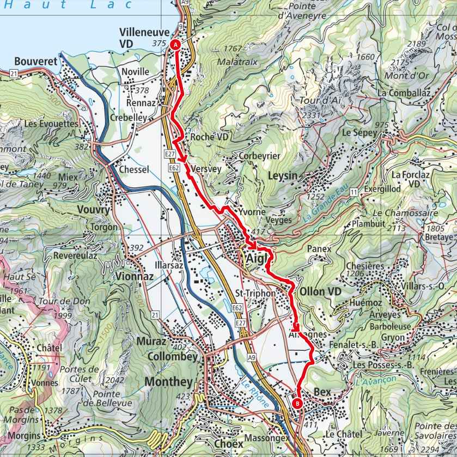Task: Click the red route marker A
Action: (175, 45)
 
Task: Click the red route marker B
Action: (297, 404)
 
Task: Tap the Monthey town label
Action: (169, 382)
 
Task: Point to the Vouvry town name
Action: (94, 210)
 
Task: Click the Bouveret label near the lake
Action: (36, 62)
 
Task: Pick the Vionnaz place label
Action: (134, 276)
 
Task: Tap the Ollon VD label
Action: (320, 291)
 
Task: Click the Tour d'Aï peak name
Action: (318, 101)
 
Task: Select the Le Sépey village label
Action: (359, 132)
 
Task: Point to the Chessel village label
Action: (133, 170)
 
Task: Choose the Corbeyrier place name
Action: (259, 156)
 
